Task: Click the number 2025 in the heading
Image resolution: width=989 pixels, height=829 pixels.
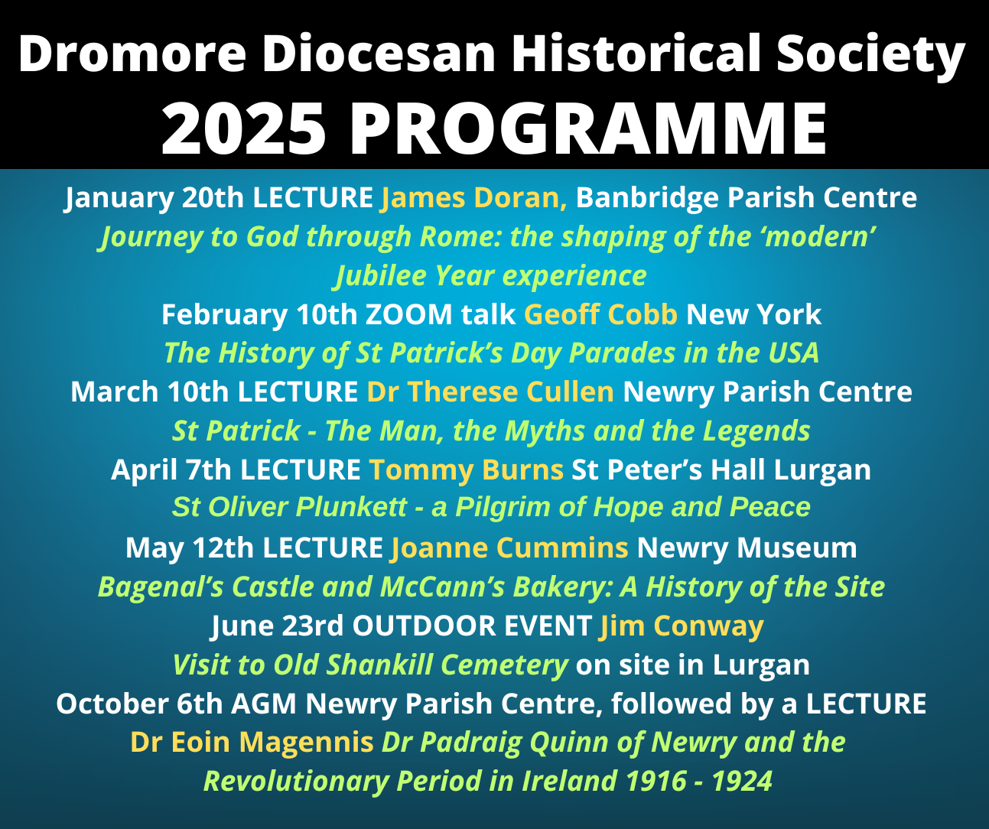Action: pyautogui.click(x=244, y=128)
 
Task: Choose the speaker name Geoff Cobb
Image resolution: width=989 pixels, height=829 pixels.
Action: pyautogui.click(x=600, y=314)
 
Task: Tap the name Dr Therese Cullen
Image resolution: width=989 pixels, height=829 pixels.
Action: pyautogui.click(x=490, y=392)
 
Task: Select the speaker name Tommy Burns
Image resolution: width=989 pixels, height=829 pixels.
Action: pyautogui.click(x=467, y=469)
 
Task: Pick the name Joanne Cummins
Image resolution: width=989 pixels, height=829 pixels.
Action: pyautogui.click(x=509, y=548)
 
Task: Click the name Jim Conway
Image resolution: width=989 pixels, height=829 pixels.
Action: pyautogui.click(x=682, y=626)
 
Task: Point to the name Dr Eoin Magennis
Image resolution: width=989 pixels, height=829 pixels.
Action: pyautogui.click(x=252, y=742)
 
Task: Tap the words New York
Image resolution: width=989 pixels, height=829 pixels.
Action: pyautogui.click(x=753, y=314)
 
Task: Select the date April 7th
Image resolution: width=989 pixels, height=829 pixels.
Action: pyautogui.click(x=171, y=469)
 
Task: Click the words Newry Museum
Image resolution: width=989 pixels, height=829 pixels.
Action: pyautogui.click(x=747, y=548)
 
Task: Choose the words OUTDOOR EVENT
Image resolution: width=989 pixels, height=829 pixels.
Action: pyautogui.click(x=472, y=626)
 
